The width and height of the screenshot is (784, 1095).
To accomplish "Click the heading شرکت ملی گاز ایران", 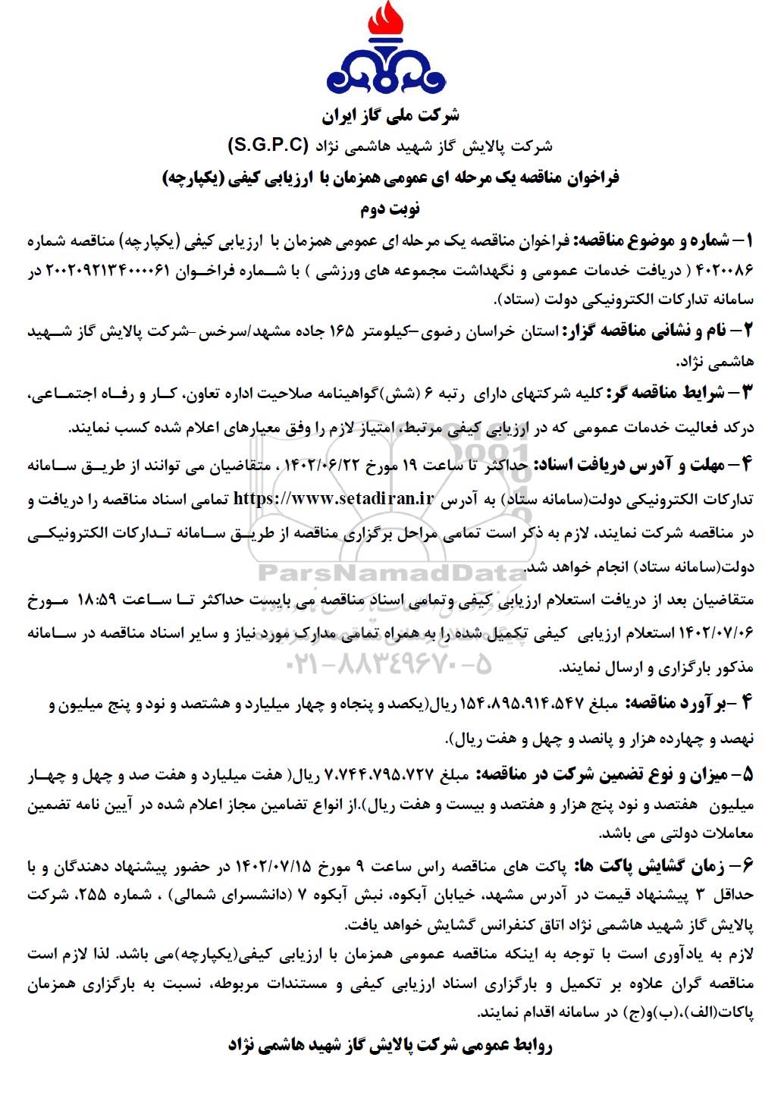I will click(391, 116).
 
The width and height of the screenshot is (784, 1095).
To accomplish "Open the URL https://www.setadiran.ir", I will click(334, 498).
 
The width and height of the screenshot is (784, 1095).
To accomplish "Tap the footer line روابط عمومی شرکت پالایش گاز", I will click(391, 1046).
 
